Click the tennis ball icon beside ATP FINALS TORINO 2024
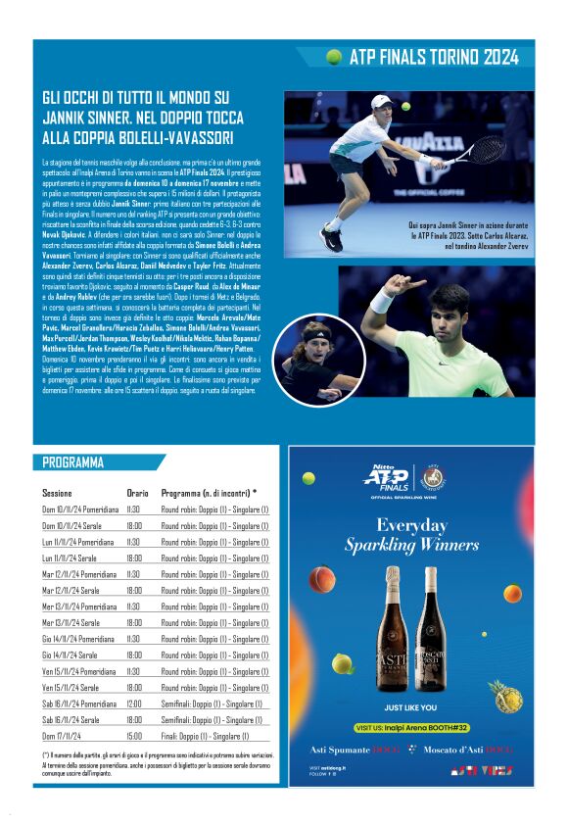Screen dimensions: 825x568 click(x=334, y=57)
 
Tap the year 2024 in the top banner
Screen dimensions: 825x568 click(x=500, y=57)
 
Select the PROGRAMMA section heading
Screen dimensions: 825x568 click(x=73, y=463)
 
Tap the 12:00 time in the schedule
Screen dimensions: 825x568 click(x=133, y=704)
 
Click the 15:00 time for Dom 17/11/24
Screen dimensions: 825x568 click(x=133, y=736)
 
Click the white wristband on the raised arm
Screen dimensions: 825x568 click(x=382, y=300)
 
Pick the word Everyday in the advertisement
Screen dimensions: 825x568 click(x=411, y=524)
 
